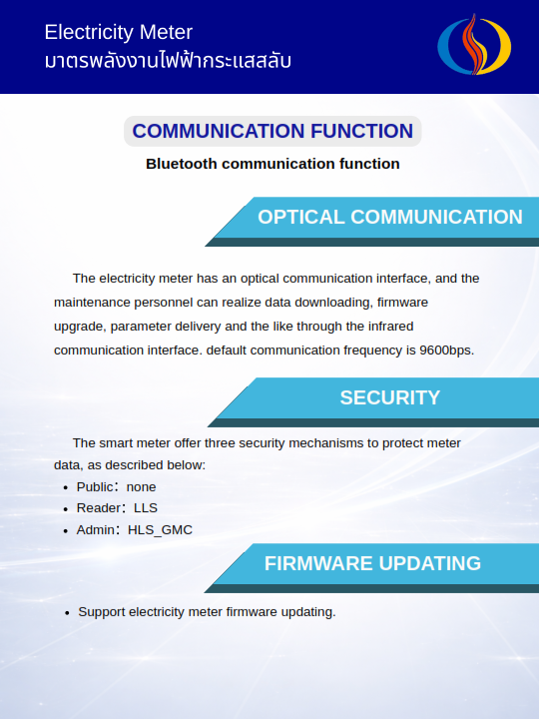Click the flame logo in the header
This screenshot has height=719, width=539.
pyautogui.click(x=474, y=45)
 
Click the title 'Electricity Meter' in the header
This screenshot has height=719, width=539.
pyautogui.click(x=118, y=32)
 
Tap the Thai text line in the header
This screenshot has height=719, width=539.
pyautogui.click(x=168, y=60)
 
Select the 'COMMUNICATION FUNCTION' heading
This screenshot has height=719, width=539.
pyautogui.click(x=272, y=131)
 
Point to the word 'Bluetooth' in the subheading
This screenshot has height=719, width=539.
pyautogui.click(x=182, y=164)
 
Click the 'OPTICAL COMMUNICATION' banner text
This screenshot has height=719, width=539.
pyautogui.click(x=390, y=217)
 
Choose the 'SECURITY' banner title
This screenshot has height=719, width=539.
pyautogui.click(x=390, y=397)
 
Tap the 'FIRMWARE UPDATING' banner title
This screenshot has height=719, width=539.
pyautogui.click(x=372, y=563)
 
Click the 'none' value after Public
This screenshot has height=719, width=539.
pyautogui.click(x=141, y=487)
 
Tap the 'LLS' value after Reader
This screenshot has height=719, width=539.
pyautogui.click(x=146, y=508)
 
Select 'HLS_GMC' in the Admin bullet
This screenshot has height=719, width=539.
pyautogui.click(x=160, y=530)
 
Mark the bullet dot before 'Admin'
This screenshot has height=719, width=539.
pyautogui.click(x=66, y=531)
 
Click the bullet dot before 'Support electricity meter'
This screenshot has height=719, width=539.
pyautogui.click(x=67, y=613)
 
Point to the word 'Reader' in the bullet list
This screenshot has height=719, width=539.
pyautogui.click(x=95, y=508)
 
